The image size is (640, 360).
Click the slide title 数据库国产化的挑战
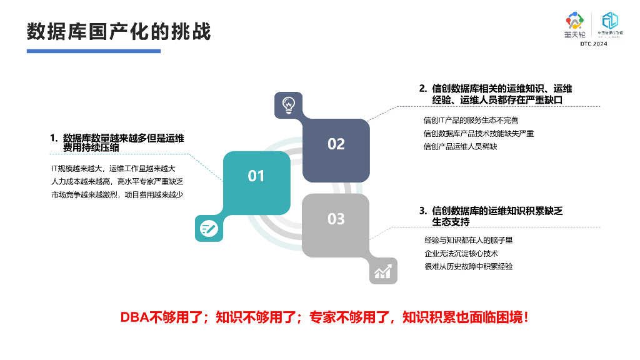119,31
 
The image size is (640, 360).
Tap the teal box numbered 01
256,176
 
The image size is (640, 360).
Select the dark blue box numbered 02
336,144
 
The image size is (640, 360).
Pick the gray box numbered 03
336,219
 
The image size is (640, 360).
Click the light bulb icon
288,104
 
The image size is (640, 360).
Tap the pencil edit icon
209,229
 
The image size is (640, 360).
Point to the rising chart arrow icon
383,271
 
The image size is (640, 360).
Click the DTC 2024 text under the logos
593,44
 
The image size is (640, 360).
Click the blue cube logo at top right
609,24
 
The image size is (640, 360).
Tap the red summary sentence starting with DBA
325,317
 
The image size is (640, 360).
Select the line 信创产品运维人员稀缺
460,147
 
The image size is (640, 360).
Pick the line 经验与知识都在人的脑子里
468,240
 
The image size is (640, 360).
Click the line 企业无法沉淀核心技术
461,253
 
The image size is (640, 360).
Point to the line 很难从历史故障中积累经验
468,266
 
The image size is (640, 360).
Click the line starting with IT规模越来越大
113,168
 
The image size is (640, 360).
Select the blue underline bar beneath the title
94,51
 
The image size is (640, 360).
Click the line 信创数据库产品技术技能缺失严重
478,133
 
